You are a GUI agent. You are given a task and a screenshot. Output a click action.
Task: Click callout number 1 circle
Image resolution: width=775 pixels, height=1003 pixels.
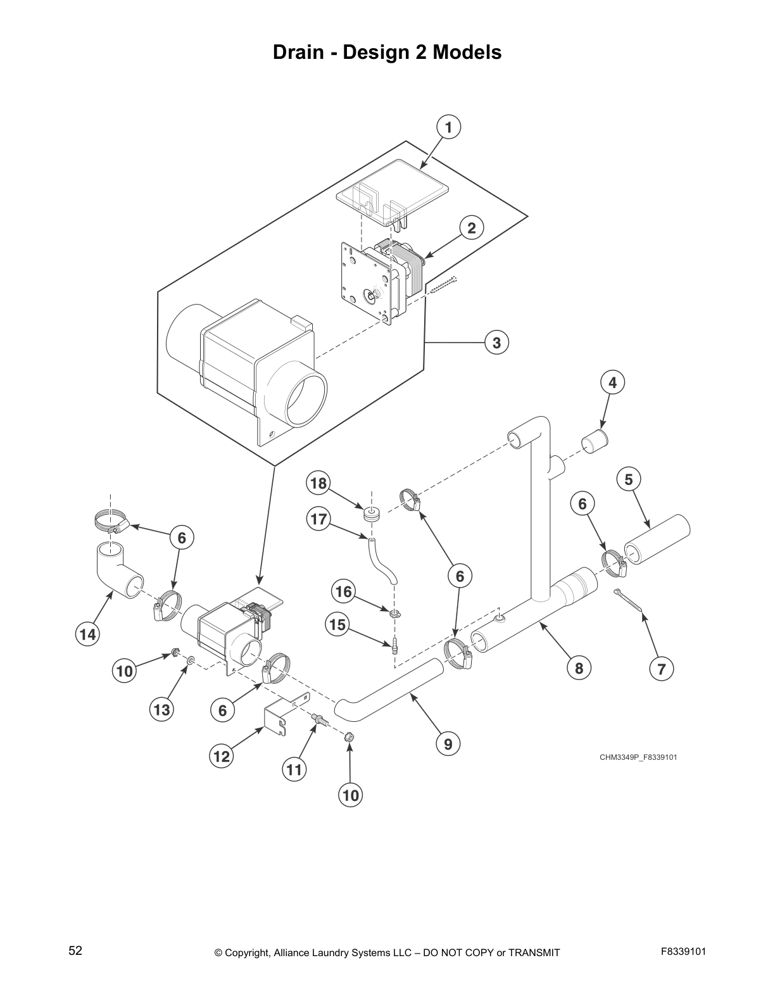tap(448, 127)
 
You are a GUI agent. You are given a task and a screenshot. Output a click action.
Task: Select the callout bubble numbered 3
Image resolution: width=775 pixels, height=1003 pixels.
tap(496, 343)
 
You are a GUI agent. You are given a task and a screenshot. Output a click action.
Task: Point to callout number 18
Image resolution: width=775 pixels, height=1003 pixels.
tap(318, 484)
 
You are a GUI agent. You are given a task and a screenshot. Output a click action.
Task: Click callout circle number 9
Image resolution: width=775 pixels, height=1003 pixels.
tap(448, 744)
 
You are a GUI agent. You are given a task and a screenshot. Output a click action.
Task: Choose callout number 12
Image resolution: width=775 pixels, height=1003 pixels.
tap(222, 756)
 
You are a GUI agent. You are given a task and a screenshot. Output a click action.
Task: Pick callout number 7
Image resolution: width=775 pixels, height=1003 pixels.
tap(661, 669)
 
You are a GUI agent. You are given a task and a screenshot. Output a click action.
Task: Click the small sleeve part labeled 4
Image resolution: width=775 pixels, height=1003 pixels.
tap(594, 441)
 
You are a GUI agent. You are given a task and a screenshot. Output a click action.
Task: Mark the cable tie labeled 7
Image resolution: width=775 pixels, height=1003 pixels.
tap(628, 600)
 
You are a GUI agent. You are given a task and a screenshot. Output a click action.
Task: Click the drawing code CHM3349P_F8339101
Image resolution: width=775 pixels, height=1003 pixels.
tap(638, 757)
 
